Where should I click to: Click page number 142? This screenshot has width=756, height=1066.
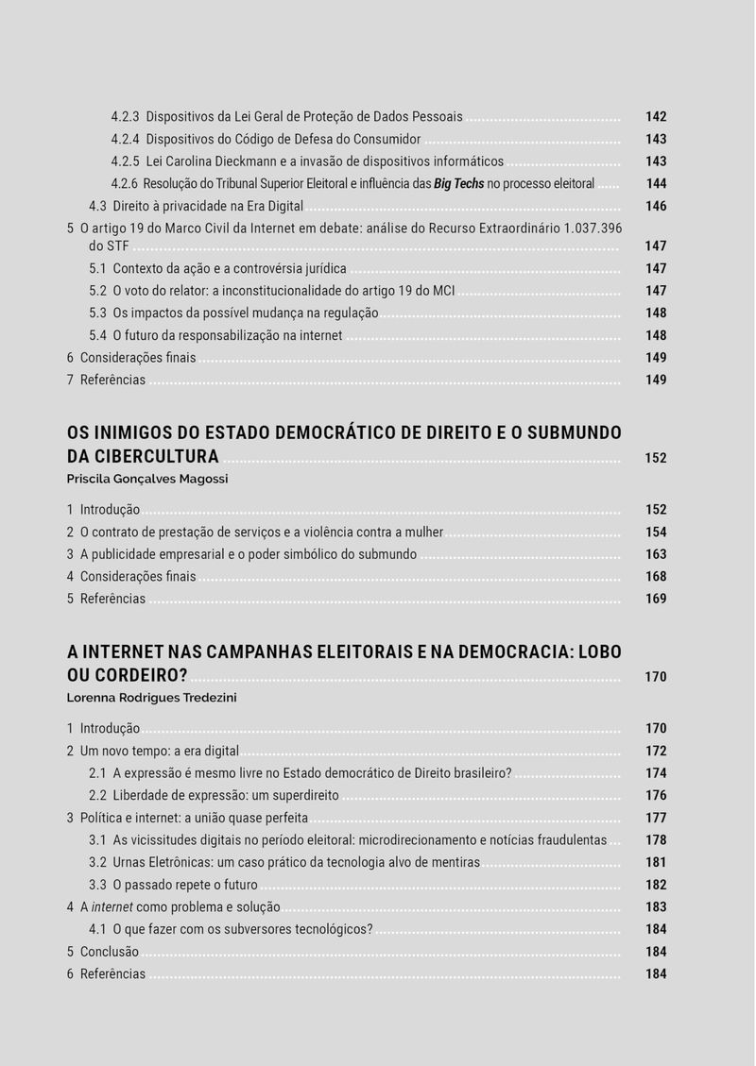pyautogui.click(x=656, y=117)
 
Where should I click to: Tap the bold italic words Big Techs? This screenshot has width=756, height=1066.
pyautogui.click(x=458, y=184)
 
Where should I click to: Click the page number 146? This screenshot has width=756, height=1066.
pyautogui.click(x=656, y=206)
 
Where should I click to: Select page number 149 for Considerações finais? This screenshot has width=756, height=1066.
pyautogui.click(x=656, y=358)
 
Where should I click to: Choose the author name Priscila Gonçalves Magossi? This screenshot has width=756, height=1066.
pyautogui.click(x=147, y=479)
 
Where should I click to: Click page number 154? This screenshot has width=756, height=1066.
pyautogui.click(x=656, y=533)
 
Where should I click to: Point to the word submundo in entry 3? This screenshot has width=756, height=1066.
pyautogui.click(x=388, y=554)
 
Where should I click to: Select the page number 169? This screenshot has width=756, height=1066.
pyautogui.click(x=656, y=599)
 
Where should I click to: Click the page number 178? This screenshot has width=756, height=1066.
pyautogui.click(x=656, y=840)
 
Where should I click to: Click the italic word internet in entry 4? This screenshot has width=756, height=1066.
pyautogui.click(x=112, y=906)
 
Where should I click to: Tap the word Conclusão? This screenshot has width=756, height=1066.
pyautogui.click(x=109, y=952)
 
